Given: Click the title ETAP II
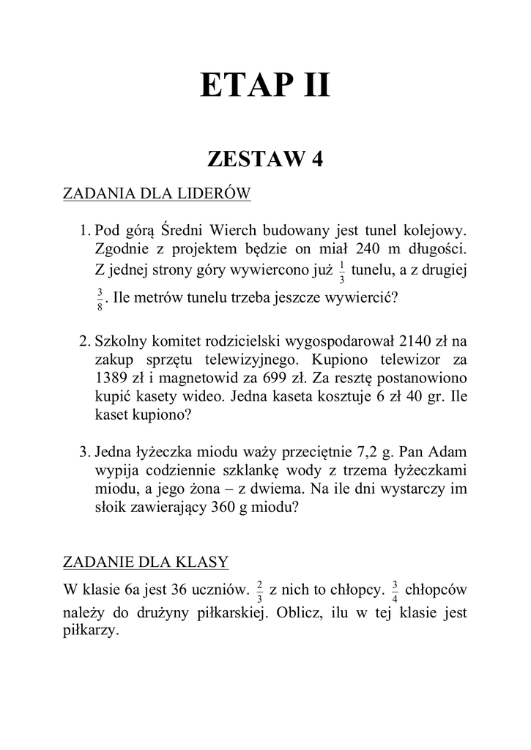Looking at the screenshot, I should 265,86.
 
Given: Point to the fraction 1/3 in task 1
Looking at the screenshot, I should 342,272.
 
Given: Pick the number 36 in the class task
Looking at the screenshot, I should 179,588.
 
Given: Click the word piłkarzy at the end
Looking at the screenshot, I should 91,631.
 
